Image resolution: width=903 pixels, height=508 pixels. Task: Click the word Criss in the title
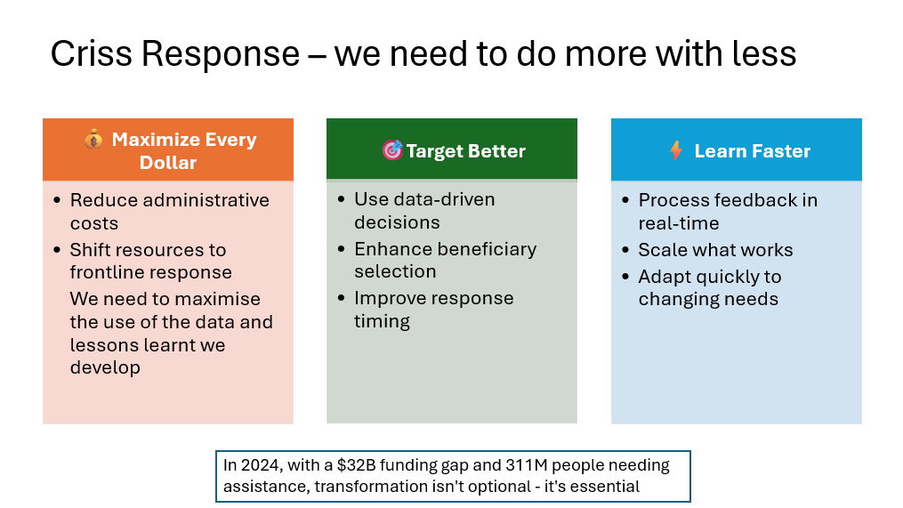coord(92,53)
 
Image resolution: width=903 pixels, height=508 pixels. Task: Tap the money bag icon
coord(93,139)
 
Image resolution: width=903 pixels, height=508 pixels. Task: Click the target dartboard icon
coord(392,150)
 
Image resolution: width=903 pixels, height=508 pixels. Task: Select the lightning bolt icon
coord(676,150)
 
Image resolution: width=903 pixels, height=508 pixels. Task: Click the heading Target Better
coord(465,151)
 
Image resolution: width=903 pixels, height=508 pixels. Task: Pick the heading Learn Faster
coord(752,151)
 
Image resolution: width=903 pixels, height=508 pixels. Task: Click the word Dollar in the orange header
coord(168,163)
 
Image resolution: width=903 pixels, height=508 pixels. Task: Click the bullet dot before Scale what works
coord(626,249)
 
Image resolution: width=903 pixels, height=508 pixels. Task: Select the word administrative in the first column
coord(206,200)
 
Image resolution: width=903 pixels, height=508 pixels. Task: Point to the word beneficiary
coord(486,249)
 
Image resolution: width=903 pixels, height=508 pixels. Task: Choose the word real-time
coord(679,223)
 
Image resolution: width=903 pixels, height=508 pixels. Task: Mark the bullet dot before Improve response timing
coord(342,298)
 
